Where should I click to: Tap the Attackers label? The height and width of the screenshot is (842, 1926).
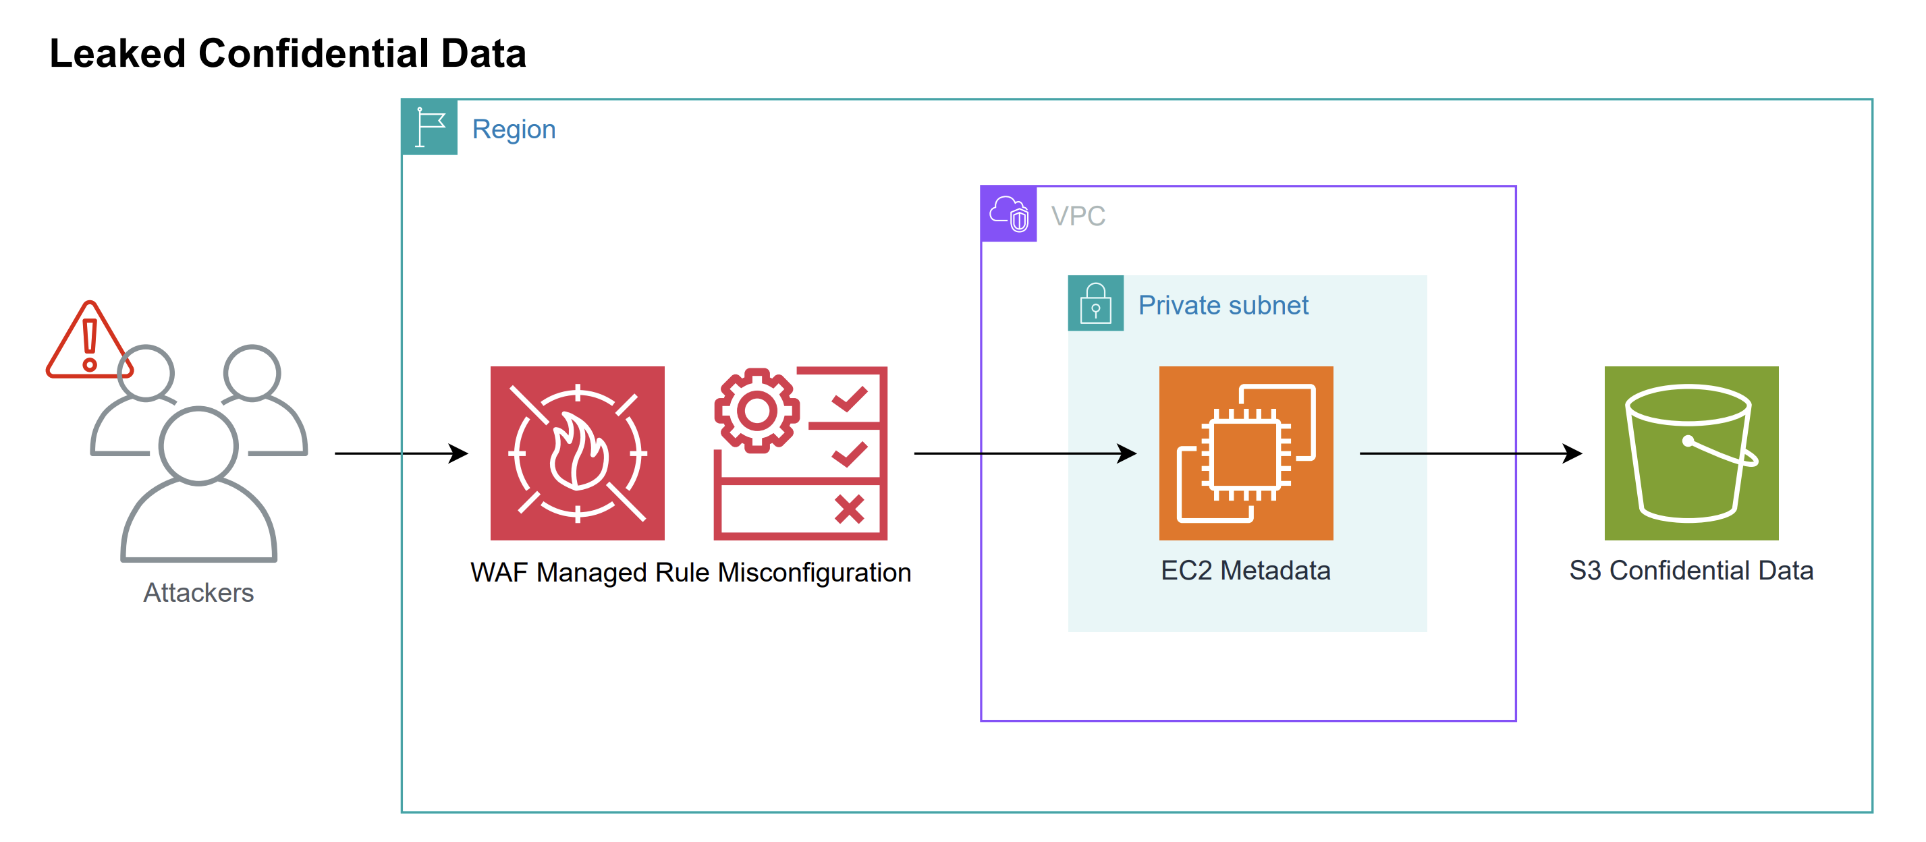pos(198,592)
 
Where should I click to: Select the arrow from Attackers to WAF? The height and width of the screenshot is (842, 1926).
pos(400,453)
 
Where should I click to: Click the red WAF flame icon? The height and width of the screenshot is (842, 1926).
pos(577,453)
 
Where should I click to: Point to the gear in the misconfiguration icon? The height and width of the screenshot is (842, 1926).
pos(756,410)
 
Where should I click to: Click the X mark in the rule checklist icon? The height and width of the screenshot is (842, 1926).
pos(850,510)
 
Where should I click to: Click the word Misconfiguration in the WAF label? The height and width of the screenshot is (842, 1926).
pos(815,573)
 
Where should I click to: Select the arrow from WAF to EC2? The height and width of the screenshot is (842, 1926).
pos(1024,453)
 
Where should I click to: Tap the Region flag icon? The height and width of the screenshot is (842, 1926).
pos(430,127)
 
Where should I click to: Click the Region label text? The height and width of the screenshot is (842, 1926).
pos(514,130)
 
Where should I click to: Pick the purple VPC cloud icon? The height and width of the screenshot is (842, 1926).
pos(1009,214)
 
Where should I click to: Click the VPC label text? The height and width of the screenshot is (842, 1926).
pos(1078,216)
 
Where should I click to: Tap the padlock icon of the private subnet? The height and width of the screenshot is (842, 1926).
pos(1095,303)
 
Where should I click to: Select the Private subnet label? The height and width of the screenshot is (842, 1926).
pos(1223,305)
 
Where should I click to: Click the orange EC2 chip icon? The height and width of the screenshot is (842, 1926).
pos(1246,453)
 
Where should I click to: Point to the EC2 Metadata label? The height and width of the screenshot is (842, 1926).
pos(1246,571)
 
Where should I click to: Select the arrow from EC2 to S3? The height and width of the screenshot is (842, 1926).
pos(1470,453)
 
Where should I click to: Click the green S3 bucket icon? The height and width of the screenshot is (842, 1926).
pos(1691,453)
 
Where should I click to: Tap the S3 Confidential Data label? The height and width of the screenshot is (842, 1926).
pos(1691,571)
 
